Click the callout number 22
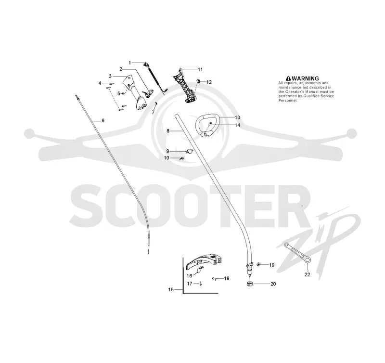pyautogui.click(x=307, y=274)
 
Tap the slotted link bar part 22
pyautogui.click(x=298, y=252)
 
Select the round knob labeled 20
pyautogui.click(x=250, y=284)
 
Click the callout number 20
pyautogui.click(x=273, y=284)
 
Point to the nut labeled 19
pyautogui.click(x=258, y=264)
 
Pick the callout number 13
pyautogui.click(x=237, y=117)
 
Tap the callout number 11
pyautogui.click(x=200, y=69)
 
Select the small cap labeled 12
pyautogui.click(x=198, y=81)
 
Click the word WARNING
pyautogui.click(x=305, y=78)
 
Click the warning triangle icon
pyautogui.click(x=288, y=78)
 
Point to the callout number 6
pyautogui.click(x=103, y=120)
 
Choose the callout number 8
pyautogui.click(x=168, y=131)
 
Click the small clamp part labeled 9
pyautogui.click(x=189, y=151)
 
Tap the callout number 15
pyautogui.click(x=171, y=290)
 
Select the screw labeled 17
pyautogui.click(x=201, y=284)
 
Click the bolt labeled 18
pyautogui.click(x=214, y=279)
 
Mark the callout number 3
pyautogui.click(x=110, y=77)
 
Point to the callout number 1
pyautogui.click(x=130, y=63)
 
